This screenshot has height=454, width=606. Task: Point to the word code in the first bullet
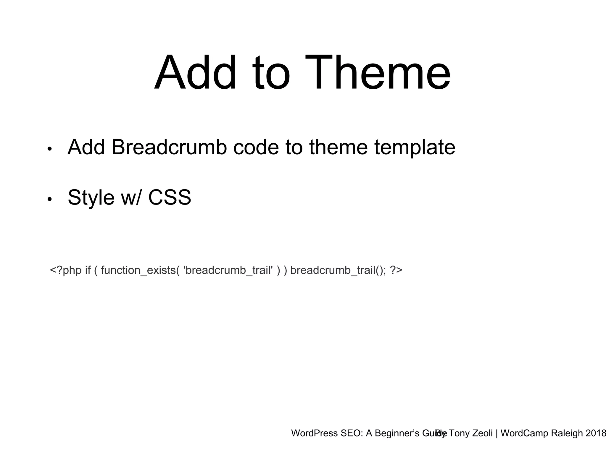click(x=256, y=147)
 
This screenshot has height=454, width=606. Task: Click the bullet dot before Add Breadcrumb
click(x=49, y=149)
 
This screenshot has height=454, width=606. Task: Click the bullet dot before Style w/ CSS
click(x=49, y=200)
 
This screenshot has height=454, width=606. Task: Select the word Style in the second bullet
click(x=91, y=197)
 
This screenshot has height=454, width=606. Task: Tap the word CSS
click(x=170, y=197)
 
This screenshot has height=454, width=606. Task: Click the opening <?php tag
click(x=66, y=270)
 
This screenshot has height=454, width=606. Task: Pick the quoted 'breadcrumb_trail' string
click(x=228, y=270)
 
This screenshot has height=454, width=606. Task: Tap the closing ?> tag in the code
click(x=396, y=270)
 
